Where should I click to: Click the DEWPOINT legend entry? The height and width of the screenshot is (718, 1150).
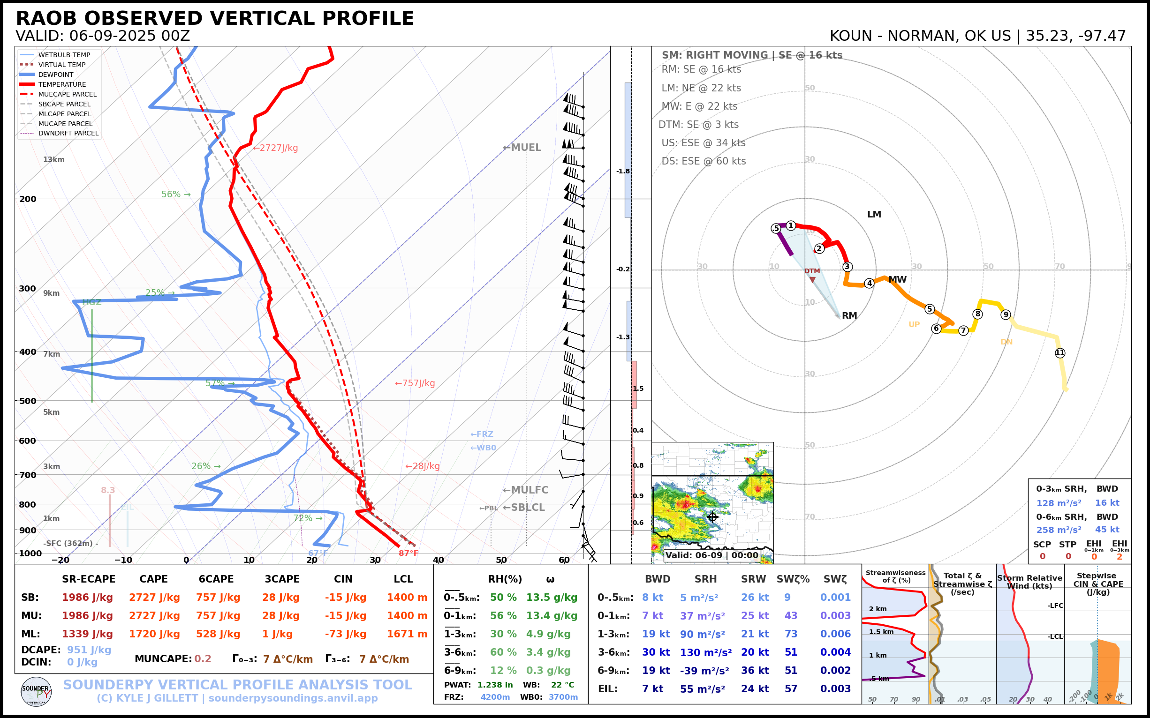[56, 75]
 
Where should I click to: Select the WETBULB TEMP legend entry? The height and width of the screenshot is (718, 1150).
[64, 55]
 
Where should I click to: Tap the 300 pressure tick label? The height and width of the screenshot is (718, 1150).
[28, 289]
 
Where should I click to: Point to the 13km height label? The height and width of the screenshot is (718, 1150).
[53, 159]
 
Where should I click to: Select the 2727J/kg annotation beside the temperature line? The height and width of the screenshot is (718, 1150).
[276, 148]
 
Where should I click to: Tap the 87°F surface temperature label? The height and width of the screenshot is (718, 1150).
[408, 553]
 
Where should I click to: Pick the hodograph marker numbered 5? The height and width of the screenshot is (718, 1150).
[930, 309]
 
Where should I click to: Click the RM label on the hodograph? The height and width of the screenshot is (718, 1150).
[849, 316]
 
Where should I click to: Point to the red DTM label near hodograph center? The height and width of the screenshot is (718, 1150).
[812, 271]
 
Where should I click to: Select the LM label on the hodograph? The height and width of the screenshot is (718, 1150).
[874, 215]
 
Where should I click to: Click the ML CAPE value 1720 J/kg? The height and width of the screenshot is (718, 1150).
[154, 634]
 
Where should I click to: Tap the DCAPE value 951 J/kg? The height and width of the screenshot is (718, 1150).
[89, 650]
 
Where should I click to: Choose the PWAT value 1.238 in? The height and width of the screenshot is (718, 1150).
[495, 685]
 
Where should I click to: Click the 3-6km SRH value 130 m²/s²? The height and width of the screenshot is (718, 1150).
[705, 652]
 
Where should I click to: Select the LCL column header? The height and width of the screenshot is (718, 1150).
[403, 579]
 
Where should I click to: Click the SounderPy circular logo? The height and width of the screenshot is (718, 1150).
[36, 691]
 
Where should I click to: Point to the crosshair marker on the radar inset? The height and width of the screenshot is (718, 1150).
[712, 517]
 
